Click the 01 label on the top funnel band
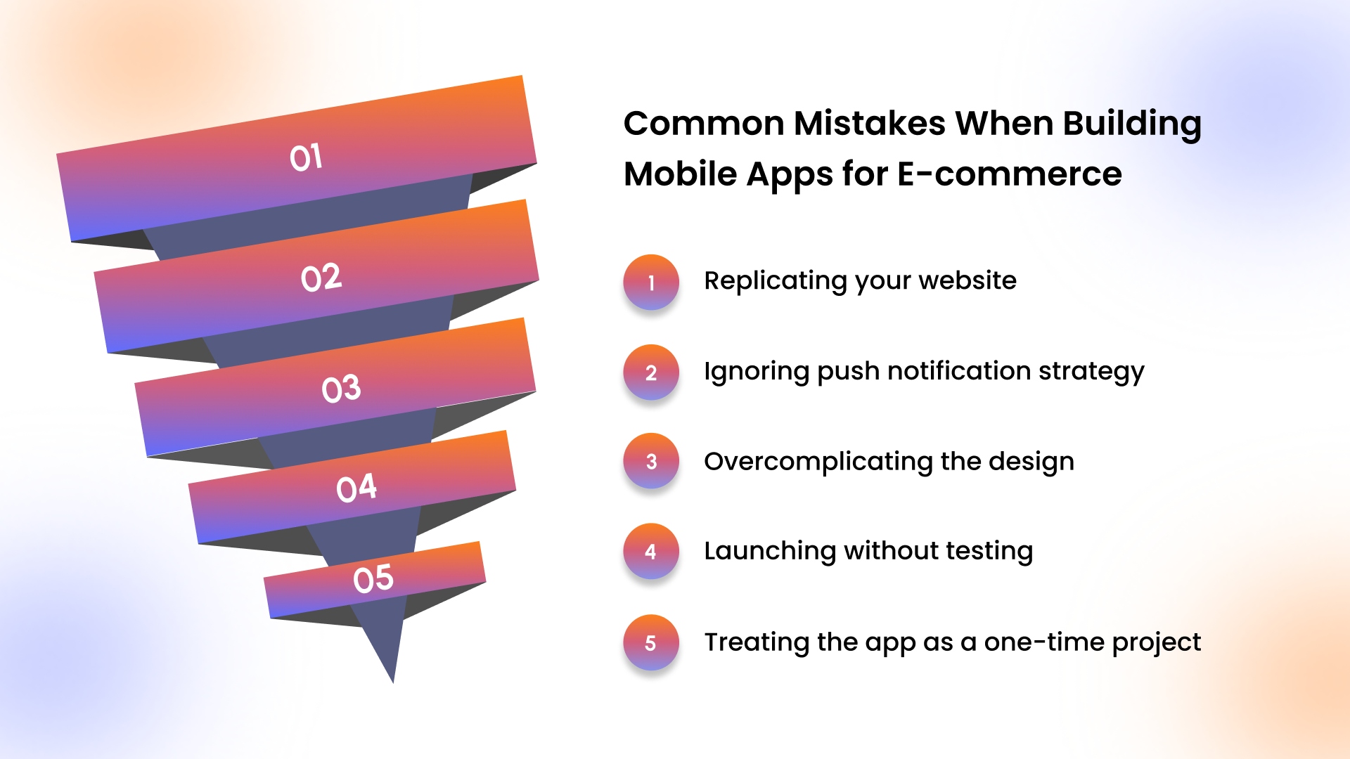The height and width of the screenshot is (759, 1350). click(x=306, y=157)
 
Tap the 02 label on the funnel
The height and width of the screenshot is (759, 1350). click(x=321, y=278)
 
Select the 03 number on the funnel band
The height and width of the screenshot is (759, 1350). click(x=341, y=389)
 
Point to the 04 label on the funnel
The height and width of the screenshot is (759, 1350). click(x=356, y=488)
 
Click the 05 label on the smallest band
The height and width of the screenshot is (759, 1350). click(x=373, y=579)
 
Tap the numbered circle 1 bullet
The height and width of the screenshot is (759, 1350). click(x=651, y=283)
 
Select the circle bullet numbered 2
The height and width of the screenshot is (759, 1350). click(x=651, y=372)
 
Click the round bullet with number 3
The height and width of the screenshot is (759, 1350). click(x=651, y=461)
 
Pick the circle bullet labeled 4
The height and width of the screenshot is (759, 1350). click(x=651, y=551)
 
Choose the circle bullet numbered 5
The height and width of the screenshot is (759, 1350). click(x=651, y=642)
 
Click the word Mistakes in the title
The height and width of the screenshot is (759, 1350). click(x=869, y=123)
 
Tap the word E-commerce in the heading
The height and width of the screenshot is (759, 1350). click(x=1009, y=174)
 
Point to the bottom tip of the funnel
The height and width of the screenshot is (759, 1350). click(x=393, y=682)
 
